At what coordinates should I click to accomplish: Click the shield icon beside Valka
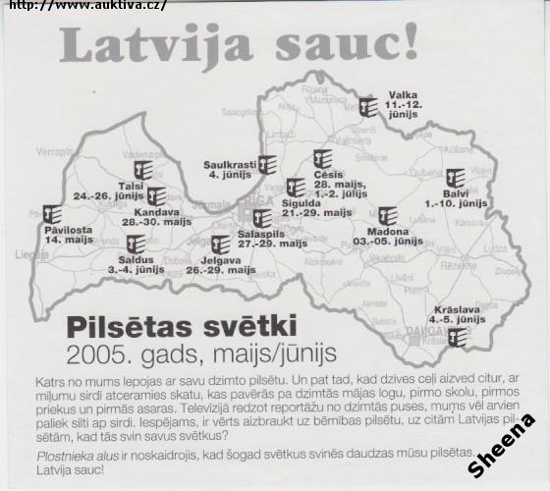(x=367, y=107)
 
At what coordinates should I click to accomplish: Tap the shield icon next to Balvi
(x=455, y=180)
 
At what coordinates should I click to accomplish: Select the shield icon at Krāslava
(x=455, y=338)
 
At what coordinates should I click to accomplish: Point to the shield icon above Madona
(x=387, y=216)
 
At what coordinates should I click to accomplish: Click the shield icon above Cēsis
(x=322, y=159)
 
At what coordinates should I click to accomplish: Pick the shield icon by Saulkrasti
(x=266, y=164)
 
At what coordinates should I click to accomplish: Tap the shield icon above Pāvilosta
(x=54, y=214)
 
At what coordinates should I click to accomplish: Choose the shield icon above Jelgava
(x=220, y=245)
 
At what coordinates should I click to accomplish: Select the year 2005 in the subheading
(x=99, y=352)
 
